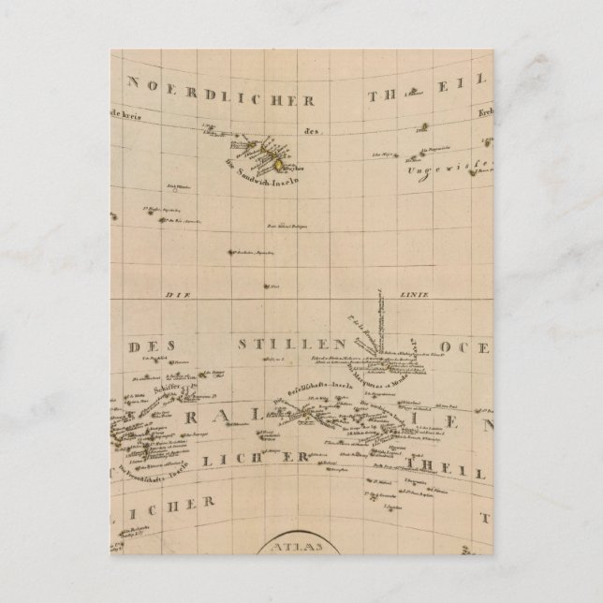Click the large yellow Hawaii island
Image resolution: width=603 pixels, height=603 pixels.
[279, 165]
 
